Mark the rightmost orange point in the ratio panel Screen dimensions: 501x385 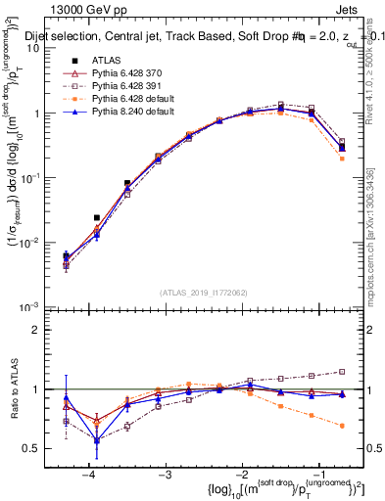[342, 426]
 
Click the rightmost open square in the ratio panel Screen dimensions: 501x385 [342, 371]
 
